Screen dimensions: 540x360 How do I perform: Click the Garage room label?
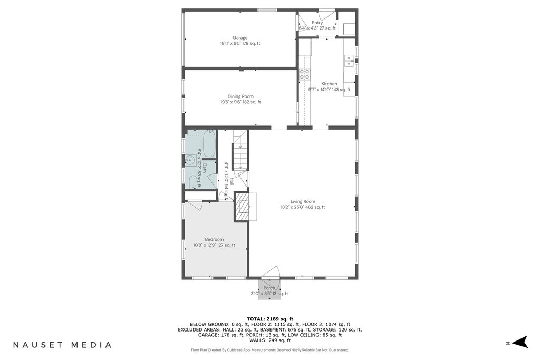click(x=240, y=38)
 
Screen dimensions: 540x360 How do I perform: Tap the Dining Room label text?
click(x=240, y=96)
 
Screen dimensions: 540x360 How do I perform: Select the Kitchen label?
click(x=329, y=84)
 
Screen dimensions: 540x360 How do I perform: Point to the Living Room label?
click(x=303, y=202)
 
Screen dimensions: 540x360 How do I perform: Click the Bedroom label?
click(x=214, y=239)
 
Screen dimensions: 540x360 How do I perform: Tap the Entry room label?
click(x=317, y=23)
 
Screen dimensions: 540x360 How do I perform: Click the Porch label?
click(x=269, y=288)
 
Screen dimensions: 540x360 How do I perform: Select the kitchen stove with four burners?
click(x=304, y=74)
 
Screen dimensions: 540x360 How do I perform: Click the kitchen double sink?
click(x=349, y=61)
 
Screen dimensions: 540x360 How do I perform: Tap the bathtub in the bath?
click(x=209, y=144)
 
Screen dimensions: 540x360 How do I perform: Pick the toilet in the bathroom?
click(x=193, y=182)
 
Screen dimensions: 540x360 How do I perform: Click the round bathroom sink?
click(x=190, y=160)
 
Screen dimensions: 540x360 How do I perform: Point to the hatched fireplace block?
click(x=242, y=207)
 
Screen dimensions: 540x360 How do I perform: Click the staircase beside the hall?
click(x=240, y=150)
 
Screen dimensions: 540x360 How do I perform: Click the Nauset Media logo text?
click(x=62, y=345)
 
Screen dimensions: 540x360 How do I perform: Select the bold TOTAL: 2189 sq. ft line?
click(x=270, y=319)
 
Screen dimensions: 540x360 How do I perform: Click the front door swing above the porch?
click(x=271, y=272)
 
